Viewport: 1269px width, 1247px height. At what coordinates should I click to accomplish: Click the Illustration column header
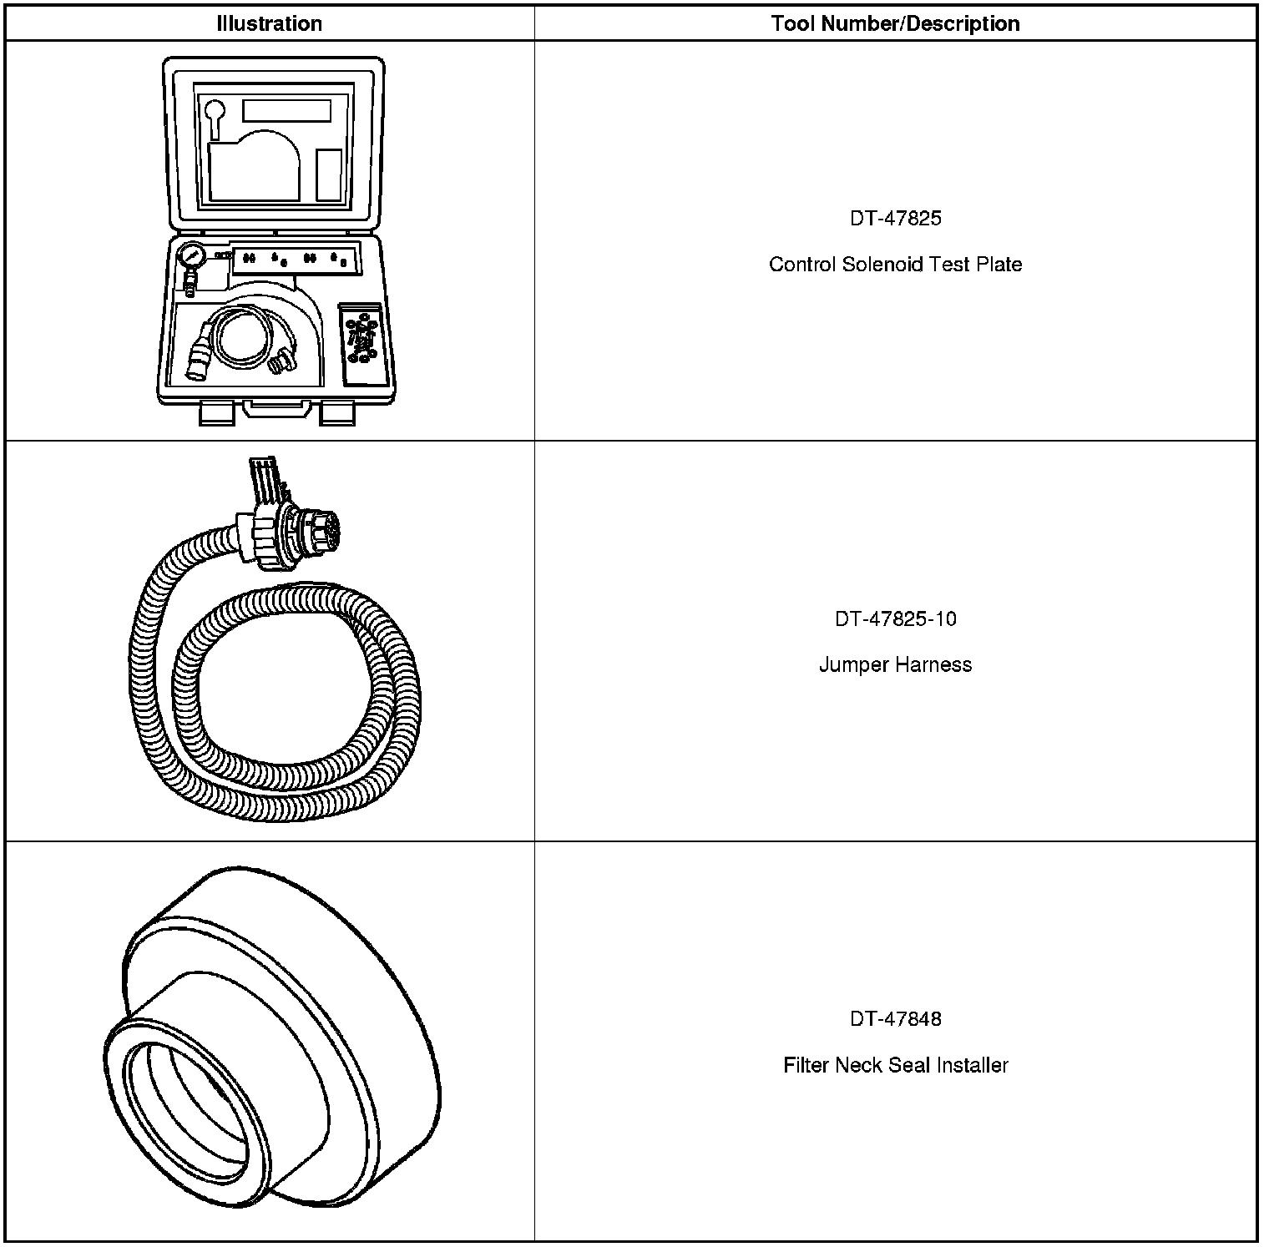coord(269,23)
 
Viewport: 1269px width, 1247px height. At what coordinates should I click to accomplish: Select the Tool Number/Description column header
coord(895,23)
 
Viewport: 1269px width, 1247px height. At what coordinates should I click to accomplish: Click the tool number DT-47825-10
coord(895,618)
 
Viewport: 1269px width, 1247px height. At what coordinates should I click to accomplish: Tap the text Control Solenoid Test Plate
coord(895,265)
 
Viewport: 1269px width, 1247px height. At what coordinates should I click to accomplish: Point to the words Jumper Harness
coord(895,665)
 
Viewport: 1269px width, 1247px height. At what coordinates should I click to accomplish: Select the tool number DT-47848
coord(895,1018)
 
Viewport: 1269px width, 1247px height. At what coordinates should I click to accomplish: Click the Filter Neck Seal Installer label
coord(895,1065)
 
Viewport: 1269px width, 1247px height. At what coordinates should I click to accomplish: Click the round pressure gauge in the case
coord(191,255)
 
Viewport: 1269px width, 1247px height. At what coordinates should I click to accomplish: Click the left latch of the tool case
coord(215,412)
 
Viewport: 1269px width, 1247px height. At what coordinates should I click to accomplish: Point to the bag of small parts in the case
coord(362,339)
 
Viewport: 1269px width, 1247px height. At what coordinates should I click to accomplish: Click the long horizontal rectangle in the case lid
coord(286,110)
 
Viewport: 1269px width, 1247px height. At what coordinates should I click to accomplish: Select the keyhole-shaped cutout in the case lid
coord(215,115)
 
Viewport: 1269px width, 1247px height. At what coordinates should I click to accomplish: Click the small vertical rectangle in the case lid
coord(328,174)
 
